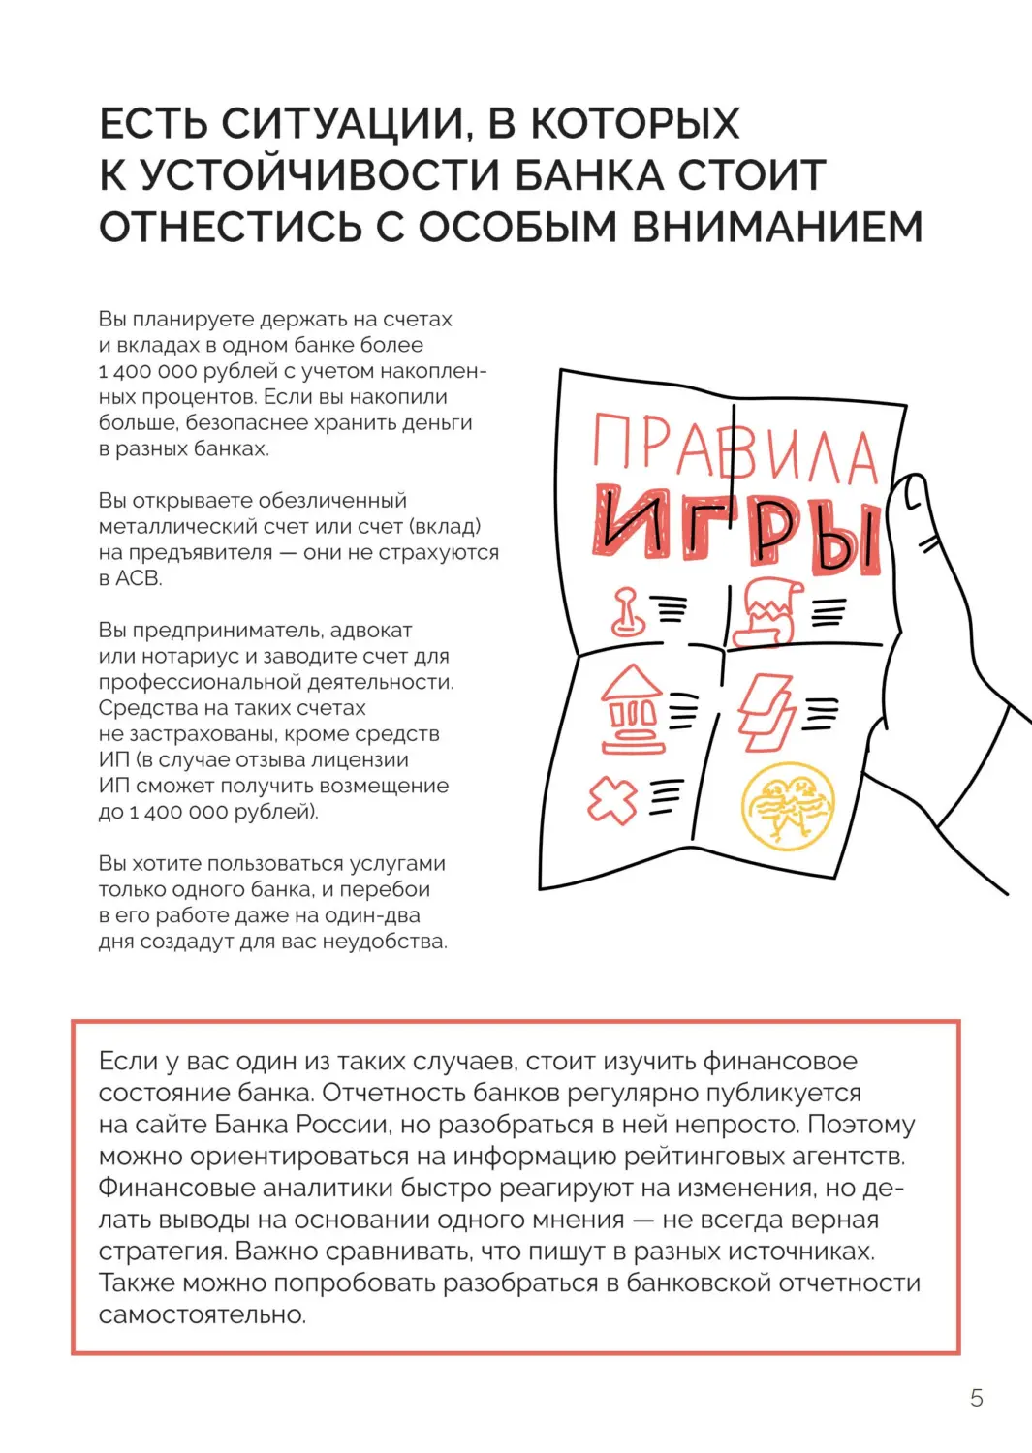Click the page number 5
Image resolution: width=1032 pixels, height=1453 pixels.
click(x=976, y=1397)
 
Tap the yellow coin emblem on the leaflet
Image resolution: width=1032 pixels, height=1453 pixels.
click(x=787, y=806)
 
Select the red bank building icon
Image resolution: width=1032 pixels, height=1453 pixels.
click(x=632, y=709)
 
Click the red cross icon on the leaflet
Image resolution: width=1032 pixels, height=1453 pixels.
click(x=612, y=801)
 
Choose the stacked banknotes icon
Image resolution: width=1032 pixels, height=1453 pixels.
click(x=766, y=713)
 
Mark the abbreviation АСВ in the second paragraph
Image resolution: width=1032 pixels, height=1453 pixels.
click(x=138, y=578)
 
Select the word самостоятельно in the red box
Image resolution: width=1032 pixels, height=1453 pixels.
click(x=202, y=1314)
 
